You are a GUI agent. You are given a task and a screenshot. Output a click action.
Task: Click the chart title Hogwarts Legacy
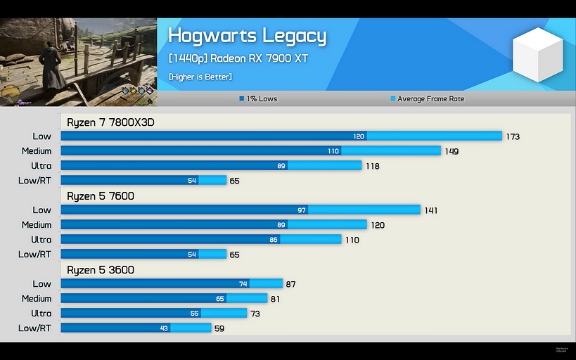click(247, 35)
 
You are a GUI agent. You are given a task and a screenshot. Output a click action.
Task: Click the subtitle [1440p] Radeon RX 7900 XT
click(238, 58)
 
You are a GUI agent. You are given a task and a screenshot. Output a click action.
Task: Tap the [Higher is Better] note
click(200, 77)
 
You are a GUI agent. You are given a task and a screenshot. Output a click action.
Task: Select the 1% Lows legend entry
click(258, 99)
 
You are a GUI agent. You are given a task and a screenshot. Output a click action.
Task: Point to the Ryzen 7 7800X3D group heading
click(110, 122)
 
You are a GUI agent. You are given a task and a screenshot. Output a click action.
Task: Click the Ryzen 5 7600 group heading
click(100, 196)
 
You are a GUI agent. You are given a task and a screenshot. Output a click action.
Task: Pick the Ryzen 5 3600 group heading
click(100, 270)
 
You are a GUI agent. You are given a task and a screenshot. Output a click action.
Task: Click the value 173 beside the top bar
click(513, 136)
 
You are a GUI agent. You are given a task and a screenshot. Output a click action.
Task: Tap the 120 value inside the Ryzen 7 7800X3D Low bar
click(359, 136)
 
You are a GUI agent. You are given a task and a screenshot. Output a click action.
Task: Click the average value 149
click(452, 151)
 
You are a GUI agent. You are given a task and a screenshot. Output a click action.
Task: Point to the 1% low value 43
click(164, 328)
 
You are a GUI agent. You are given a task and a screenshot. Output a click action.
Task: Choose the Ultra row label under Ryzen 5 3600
click(41, 313)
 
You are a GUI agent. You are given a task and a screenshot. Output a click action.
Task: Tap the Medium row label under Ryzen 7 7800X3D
click(37, 151)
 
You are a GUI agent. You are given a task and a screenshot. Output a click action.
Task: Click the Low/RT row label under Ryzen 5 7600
click(34, 254)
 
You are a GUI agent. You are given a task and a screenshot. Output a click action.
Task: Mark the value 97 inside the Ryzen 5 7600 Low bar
click(301, 210)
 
